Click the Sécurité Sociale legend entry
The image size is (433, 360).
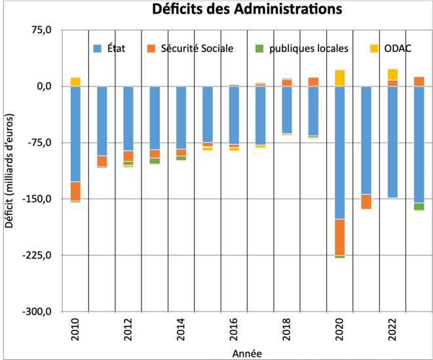190,48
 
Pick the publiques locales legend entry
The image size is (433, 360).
309,48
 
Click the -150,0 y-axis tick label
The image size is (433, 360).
38,199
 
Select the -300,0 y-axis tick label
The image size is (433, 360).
38,311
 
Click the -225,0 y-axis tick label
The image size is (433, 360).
38,255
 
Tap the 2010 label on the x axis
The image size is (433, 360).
76,330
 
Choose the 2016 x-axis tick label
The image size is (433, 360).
235,330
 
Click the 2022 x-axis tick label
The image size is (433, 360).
393,330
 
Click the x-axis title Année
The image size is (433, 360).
247,353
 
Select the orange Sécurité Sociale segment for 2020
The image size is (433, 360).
339,237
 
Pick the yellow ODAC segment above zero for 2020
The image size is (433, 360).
339,78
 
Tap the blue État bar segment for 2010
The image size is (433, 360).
75,134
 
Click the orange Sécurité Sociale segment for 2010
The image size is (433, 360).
75,191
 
